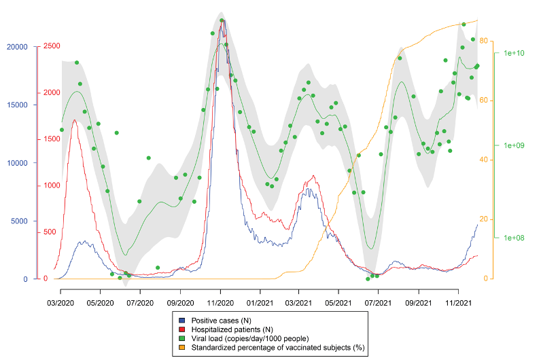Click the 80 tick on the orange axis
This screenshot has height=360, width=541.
point(484,41)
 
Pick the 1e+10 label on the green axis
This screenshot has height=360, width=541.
point(514,53)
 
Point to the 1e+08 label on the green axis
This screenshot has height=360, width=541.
point(514,238)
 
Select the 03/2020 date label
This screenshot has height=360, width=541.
point(60,302)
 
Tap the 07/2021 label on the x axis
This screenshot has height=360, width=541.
point(378,302)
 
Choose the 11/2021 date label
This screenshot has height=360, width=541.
point(459,302)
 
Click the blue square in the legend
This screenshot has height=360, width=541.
point(182,319)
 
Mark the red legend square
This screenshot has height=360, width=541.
point(182,329)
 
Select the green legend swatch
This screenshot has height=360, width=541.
point(182,338)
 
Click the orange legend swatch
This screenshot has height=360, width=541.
point(182,348)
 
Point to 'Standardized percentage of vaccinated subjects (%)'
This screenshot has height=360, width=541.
point(278,348)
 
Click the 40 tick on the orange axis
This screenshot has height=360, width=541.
point(484,160)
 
